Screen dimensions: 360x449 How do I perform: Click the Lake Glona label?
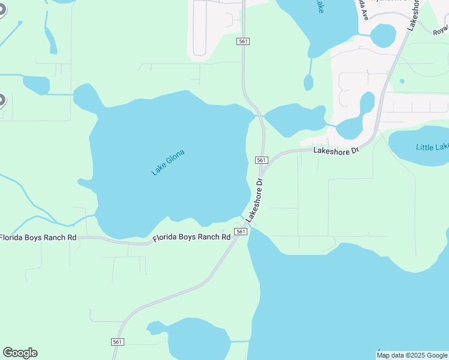[167, 162]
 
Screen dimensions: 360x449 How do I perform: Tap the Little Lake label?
[432, 147]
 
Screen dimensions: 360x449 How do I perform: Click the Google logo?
[20, 353]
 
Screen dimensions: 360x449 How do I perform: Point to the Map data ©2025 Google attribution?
[412, 355]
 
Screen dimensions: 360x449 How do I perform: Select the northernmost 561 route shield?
[243, 41]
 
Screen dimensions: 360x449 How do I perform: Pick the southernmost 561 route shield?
[118, 341]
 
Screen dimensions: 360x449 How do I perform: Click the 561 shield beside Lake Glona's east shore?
[261, 160]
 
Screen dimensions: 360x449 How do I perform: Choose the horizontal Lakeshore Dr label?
[336, 149]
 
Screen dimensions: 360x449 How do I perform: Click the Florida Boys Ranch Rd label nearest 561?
[191, 238]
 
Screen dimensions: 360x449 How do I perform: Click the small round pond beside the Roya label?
[383, 35]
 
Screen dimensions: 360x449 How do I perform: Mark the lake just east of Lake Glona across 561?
[294, 118]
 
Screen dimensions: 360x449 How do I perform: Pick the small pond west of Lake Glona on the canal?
[35, 85]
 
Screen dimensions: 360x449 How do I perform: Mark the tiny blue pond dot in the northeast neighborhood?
[402, 81]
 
